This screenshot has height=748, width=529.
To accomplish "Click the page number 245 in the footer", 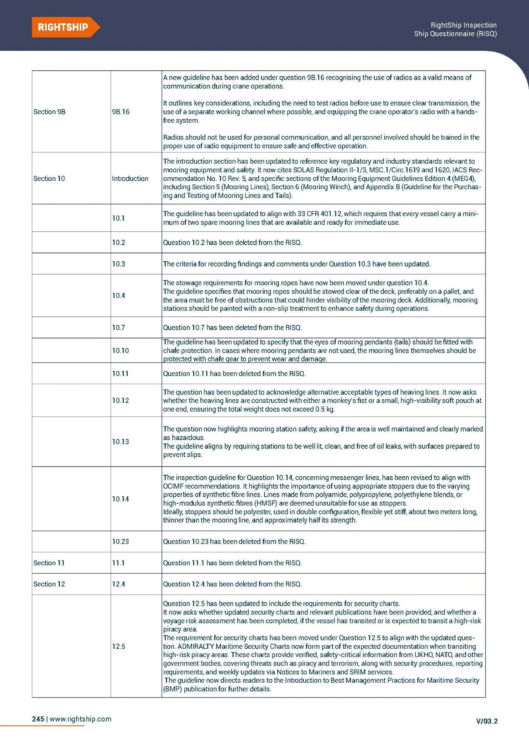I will click(x=38, y=719).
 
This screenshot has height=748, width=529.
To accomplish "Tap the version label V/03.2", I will click(x=486, y=721).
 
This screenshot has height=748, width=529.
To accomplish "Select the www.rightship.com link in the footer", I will click(x=80, y=719).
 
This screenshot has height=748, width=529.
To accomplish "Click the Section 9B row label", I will click(x=49, y=112).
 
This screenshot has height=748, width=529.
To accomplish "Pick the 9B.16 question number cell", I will click(x=120, y=112).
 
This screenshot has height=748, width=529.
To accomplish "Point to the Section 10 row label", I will click(x=49, y=179).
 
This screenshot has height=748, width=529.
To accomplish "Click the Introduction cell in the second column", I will click(x=130, y=179).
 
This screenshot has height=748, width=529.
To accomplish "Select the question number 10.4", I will click(x=118, y=295).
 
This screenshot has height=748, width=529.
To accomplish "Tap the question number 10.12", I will click(x=120, y=400).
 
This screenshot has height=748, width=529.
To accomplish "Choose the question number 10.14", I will click(x=120, y=499).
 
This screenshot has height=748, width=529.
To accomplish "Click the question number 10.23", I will click(x=120, y=541).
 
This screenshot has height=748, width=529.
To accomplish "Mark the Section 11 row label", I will click(x=49, y=563).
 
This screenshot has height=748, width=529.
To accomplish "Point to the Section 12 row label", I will click(x=49, y=584).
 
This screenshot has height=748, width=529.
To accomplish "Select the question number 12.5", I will click(x=118, y=646).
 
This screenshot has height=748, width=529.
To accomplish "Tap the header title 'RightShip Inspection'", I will click(x=463, y=25).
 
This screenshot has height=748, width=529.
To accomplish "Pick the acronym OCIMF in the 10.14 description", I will click(x=173, y=486).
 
